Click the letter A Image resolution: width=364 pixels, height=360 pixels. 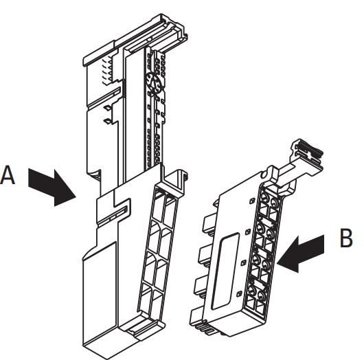(8, 175)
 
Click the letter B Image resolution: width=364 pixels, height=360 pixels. (346, 238)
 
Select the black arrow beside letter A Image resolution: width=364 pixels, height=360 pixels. (52, 187)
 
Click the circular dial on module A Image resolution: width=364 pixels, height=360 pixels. (155, 82)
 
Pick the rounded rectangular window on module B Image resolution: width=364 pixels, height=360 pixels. (225, 271)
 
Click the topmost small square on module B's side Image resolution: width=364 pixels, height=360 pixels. (252, 201)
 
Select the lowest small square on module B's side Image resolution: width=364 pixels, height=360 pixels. (239, 294)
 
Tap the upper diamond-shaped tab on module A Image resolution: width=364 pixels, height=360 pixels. (107, 108)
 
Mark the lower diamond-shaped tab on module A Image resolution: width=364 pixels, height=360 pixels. (107, 121)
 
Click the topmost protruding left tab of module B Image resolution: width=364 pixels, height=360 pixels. (209, 223)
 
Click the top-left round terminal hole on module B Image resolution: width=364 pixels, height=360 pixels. (264, 198)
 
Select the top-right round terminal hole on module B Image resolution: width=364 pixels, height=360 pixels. (275, 203)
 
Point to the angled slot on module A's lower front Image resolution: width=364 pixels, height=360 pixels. (112, 215)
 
